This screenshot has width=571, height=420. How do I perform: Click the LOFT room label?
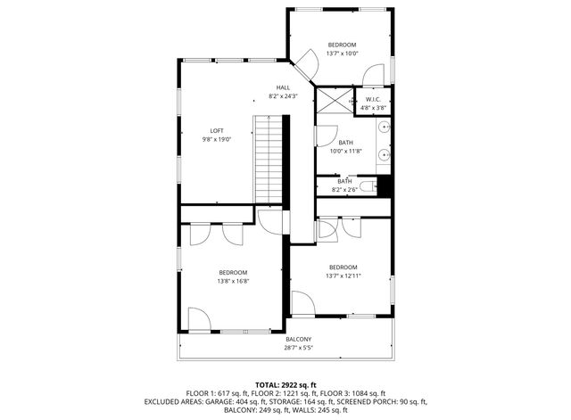[x=216, y=131]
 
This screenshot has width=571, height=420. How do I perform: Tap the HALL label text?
[x=283, y=87]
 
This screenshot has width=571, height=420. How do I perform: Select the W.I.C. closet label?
[x=375, y=99]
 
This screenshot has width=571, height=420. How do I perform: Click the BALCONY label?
[x=298, y=339]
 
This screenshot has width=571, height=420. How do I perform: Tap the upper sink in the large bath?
[x=385, y=129]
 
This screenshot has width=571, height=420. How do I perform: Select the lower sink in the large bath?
[x=385, y=155]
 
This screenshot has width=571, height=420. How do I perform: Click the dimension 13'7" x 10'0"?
[x=342, y=54]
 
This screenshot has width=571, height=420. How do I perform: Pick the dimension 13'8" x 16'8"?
[x=233, y=281]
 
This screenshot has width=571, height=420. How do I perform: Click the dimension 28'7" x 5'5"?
[x=298, y=347]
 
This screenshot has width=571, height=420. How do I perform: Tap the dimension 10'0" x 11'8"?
[x=345, y=151]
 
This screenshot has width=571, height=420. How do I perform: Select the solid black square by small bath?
[x=385, y=185]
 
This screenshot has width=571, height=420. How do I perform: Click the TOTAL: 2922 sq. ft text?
[x=285, y=384]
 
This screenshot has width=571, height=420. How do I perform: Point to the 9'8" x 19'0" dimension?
[x=216, y=139]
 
